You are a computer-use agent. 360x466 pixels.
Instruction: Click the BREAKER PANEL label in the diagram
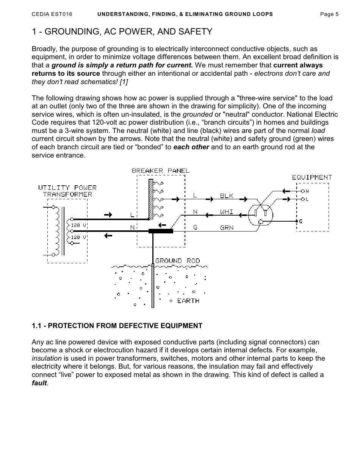[160, 171]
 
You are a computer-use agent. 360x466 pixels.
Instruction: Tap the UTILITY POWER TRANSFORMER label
[67, 191]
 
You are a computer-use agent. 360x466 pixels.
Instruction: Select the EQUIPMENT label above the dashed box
[312, 177]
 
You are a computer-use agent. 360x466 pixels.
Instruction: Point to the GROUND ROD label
[177, 261]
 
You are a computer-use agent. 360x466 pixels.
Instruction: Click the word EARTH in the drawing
[188, 301]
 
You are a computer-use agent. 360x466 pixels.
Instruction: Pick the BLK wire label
[227, 196]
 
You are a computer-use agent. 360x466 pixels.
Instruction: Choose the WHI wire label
[227, 212]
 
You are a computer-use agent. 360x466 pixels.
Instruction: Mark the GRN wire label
[227, 228]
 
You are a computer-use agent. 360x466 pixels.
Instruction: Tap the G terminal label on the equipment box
[301, 221]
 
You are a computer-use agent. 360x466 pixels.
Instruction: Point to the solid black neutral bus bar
[161, 231]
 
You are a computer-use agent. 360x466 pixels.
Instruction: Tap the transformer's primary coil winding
[58, 231]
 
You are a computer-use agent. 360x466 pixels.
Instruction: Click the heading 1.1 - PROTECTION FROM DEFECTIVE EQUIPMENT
[117, 326]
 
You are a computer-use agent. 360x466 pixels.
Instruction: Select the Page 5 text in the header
[329, 14]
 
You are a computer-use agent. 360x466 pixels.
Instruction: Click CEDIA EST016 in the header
[52, 14]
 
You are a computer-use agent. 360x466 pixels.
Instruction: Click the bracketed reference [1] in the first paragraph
[123, 81]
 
